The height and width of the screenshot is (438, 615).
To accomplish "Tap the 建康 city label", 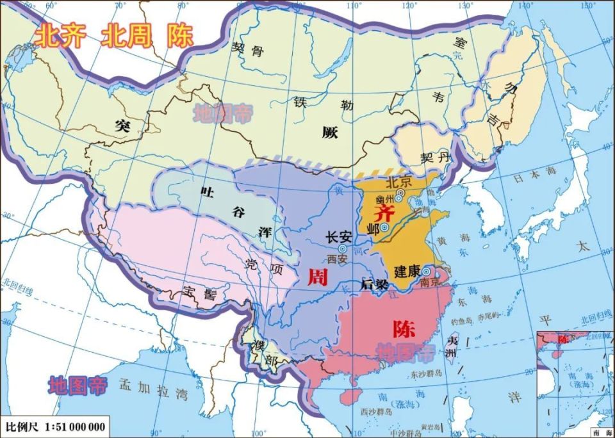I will coord(407,271).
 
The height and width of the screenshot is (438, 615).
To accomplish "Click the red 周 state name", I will coord(318,277).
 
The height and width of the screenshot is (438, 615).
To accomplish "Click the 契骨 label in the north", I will coord(247,51).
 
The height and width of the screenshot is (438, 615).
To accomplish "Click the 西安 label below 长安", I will coord(336,259).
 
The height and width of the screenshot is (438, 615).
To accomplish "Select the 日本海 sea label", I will coord(529,180).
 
